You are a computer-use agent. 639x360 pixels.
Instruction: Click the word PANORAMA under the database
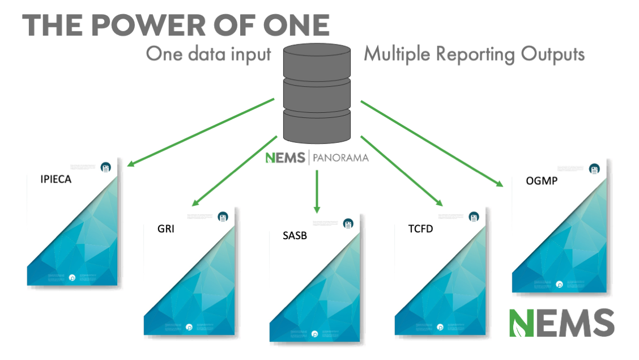pos(340,157)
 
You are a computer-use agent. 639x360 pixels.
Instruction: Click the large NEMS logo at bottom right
pos(561,323)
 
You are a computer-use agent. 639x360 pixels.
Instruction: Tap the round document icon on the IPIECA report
pos(105,167)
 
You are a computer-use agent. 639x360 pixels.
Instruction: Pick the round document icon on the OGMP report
pos(594,168)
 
